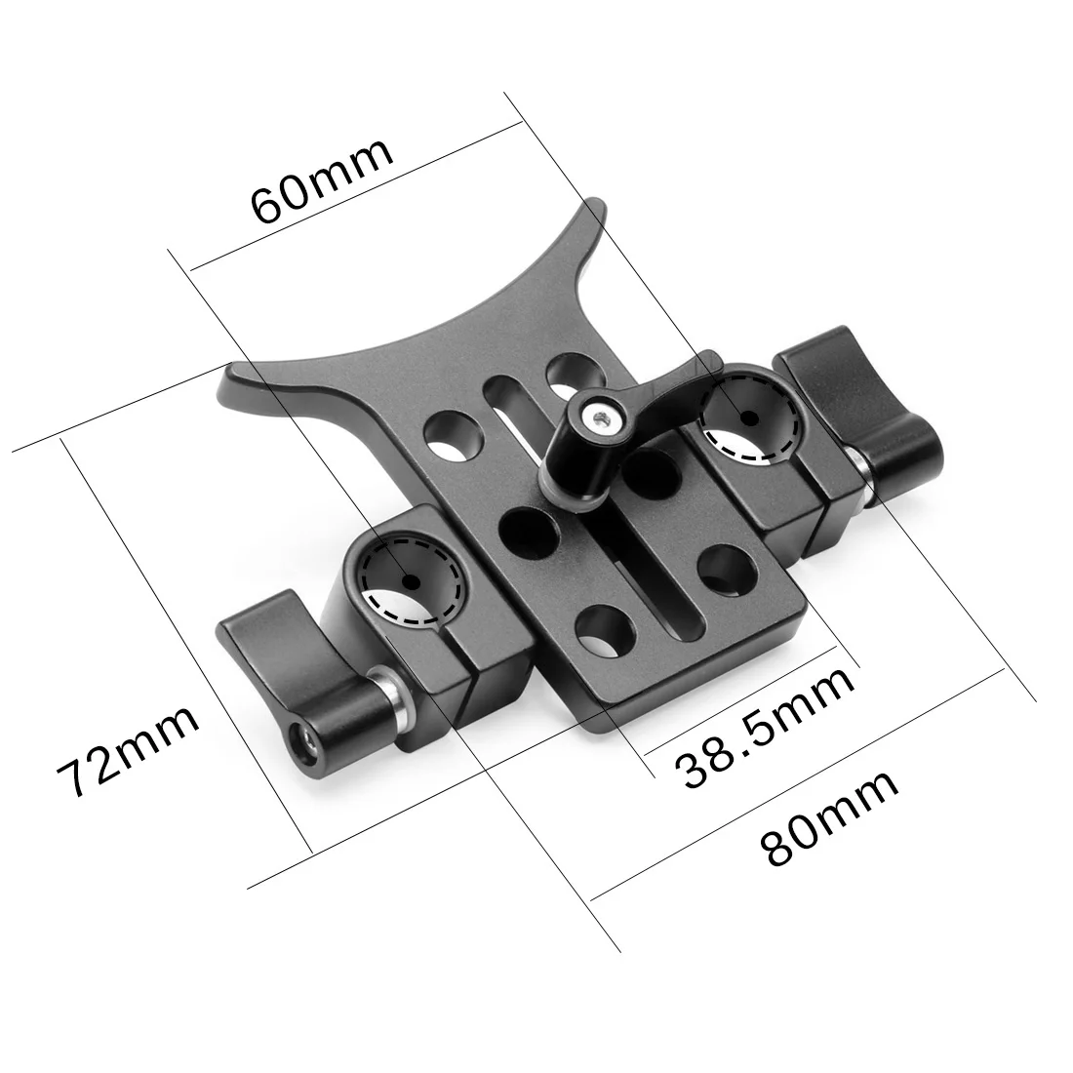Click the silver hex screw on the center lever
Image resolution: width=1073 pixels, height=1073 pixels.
point(596,417)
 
